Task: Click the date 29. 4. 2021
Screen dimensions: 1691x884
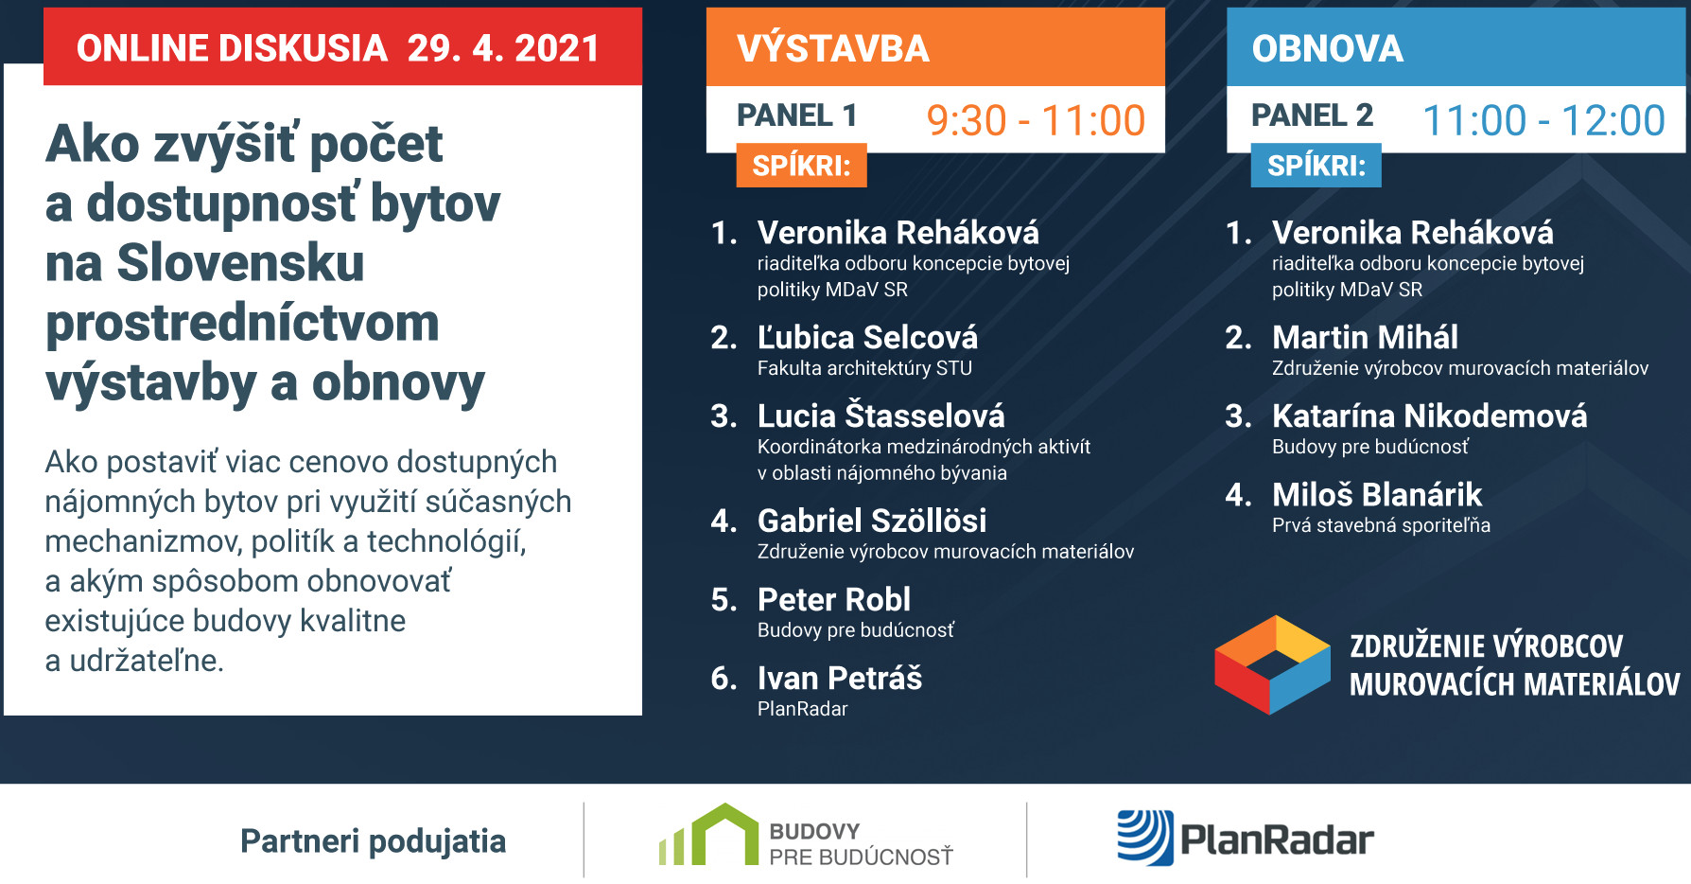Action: [503, 48]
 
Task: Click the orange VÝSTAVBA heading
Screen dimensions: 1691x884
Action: [833, 48]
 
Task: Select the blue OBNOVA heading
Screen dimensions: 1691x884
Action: [1327, 48]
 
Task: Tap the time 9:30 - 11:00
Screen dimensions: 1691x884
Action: [1036, 120]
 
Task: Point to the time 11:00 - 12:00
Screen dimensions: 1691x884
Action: [1543, 120]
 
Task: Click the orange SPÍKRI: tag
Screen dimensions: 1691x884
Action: [801, 166]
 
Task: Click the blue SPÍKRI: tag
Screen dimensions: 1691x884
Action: [1316, 166]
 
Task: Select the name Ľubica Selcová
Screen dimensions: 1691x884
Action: [867, 337]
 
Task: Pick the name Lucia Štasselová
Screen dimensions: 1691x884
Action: [880, 415]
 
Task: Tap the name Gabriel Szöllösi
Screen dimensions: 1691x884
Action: [872, 520]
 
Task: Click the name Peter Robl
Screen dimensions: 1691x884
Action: [834, 599]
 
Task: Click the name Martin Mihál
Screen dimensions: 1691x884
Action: [1365, 337]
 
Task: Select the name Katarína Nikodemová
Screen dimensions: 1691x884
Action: [1429, 415]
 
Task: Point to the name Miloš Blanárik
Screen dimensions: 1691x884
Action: [1377, 494]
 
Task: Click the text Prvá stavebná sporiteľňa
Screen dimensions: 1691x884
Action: [1381, 525]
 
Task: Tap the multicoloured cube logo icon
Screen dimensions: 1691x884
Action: [1272, 664]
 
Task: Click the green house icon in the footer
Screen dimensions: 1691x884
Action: [708, 835]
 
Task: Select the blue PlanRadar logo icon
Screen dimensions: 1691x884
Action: [1145, 838]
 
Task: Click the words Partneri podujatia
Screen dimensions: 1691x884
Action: [373, 841]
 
